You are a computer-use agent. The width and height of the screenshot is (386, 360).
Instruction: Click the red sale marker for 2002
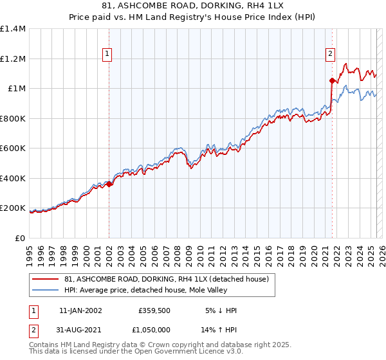(109, 184)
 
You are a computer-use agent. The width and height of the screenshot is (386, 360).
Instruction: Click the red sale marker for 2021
(332, 81)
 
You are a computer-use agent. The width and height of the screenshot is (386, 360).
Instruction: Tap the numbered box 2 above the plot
(330, 55)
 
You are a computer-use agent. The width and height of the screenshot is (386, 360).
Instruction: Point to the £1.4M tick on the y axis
(13, 29)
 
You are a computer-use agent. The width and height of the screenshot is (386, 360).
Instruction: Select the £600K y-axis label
(12, 148)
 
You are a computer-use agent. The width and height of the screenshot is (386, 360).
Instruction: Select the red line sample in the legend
(46, 279)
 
